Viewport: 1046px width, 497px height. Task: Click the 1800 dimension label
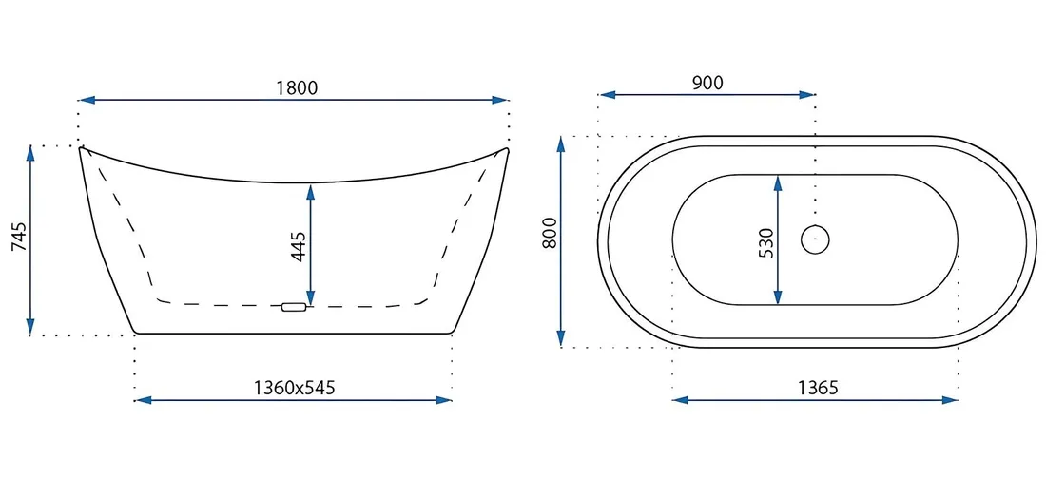297,87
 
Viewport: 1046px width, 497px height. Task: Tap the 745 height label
20,238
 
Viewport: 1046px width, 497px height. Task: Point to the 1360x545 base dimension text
294,388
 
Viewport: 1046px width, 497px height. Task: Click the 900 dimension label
707,83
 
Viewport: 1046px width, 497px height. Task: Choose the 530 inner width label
765,243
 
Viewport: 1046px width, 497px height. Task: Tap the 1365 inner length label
817,388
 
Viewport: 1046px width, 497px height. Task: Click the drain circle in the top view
815,239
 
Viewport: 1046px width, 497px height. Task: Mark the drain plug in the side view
294,307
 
